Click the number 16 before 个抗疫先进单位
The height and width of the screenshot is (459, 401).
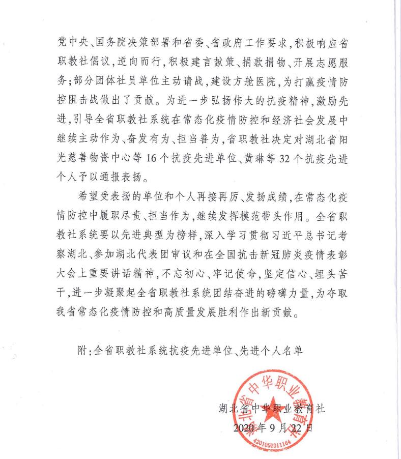pyautogui.click(x=153, y=159)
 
